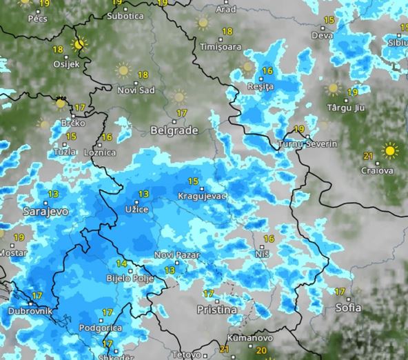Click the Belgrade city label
(x=174, y=130)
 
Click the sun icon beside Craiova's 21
(x=391, y=150)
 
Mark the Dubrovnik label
(x=30, y=311)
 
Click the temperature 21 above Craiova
(x=368, y=155)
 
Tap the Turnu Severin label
(x=307, y=144)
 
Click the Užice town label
(x=136, y=208)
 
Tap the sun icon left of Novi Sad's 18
(x=123, y=70)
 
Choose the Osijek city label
(x=68, y=64)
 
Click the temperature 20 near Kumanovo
(x=261, y=351)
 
